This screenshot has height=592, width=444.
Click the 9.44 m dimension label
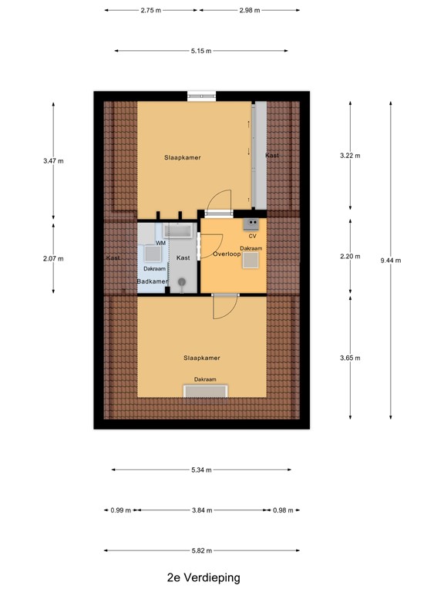point(390,260)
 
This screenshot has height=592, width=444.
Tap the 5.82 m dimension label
point(203,550)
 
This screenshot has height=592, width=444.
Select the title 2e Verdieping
point(203,577)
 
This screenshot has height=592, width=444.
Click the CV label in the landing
point(252,236)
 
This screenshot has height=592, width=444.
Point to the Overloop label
point(227,254)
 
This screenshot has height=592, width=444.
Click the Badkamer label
point(152,281)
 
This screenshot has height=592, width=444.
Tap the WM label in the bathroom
point(160,244)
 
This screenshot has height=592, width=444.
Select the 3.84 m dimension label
point(202,510)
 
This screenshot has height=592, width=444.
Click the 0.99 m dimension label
point(122,510)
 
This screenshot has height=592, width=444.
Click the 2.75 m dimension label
point(151,11)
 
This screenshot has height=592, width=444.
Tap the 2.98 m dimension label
point(249,11)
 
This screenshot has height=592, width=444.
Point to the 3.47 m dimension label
point(54,160)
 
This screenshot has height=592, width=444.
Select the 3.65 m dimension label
point(350,358)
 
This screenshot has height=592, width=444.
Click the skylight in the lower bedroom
point(205,391)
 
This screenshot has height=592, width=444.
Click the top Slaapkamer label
point(183,157)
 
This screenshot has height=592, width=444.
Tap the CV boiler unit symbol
point(251,224)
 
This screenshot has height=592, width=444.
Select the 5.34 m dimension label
point(202,469)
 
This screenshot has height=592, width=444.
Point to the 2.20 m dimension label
point(350,256)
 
